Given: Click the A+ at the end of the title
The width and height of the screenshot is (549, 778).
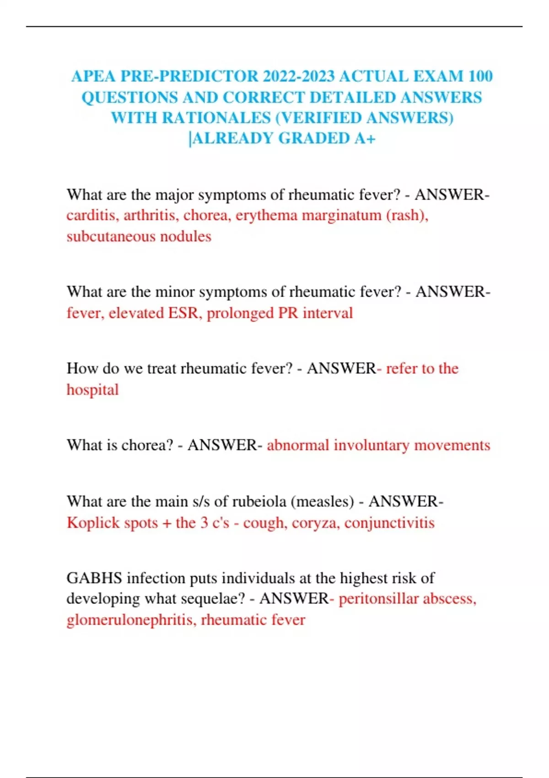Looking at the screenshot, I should (365, 138).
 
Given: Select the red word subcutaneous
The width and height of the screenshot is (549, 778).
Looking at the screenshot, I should (108, 236).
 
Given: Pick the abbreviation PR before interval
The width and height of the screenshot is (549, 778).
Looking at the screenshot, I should (288, 313).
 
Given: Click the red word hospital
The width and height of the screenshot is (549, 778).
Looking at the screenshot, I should (92, 389).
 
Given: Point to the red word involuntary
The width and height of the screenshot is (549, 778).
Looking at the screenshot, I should (371, 445).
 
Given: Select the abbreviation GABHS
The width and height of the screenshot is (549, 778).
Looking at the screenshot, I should (94, 578).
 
